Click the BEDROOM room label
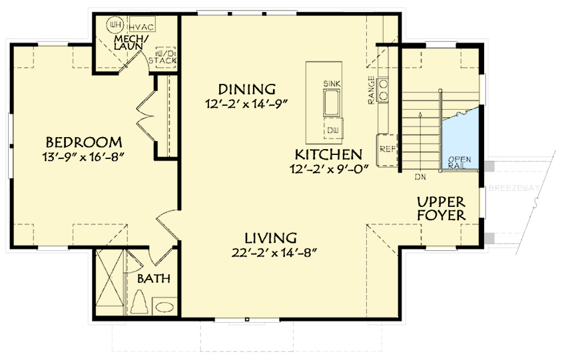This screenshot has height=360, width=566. click(84, 142)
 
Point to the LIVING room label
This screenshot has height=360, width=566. click(270, 238)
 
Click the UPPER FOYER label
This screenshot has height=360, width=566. click(441, 208)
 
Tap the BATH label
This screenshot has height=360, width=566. click(154, 279)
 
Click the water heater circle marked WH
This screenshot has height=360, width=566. click(115, 25)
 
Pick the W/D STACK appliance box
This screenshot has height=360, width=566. click(164, 57)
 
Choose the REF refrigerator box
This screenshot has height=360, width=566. click(387, 148)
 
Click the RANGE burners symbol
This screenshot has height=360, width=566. click(384, 90)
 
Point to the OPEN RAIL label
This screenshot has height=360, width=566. click(459, 162)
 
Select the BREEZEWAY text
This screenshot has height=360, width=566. click(513, 188)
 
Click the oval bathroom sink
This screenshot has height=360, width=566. click(164, 307)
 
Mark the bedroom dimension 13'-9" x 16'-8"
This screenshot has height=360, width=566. click(84, 157)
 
